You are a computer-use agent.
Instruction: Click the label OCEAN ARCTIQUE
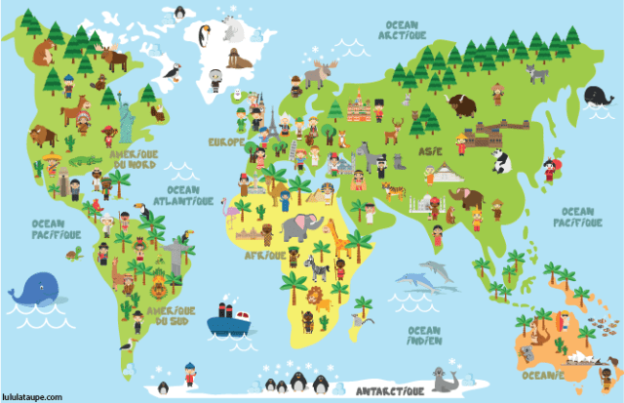(406, 29)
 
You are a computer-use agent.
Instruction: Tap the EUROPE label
(225, 141)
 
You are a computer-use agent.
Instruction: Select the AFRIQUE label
(265, 256)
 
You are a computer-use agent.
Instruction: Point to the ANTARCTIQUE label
(390, 390)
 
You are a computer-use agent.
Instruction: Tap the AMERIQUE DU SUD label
(170, 315)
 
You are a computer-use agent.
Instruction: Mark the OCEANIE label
(542, 375)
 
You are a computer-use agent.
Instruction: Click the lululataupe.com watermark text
(32, 397)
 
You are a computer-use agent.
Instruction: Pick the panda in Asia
(501, 160)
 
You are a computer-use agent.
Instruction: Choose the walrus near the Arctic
(238, 60)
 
